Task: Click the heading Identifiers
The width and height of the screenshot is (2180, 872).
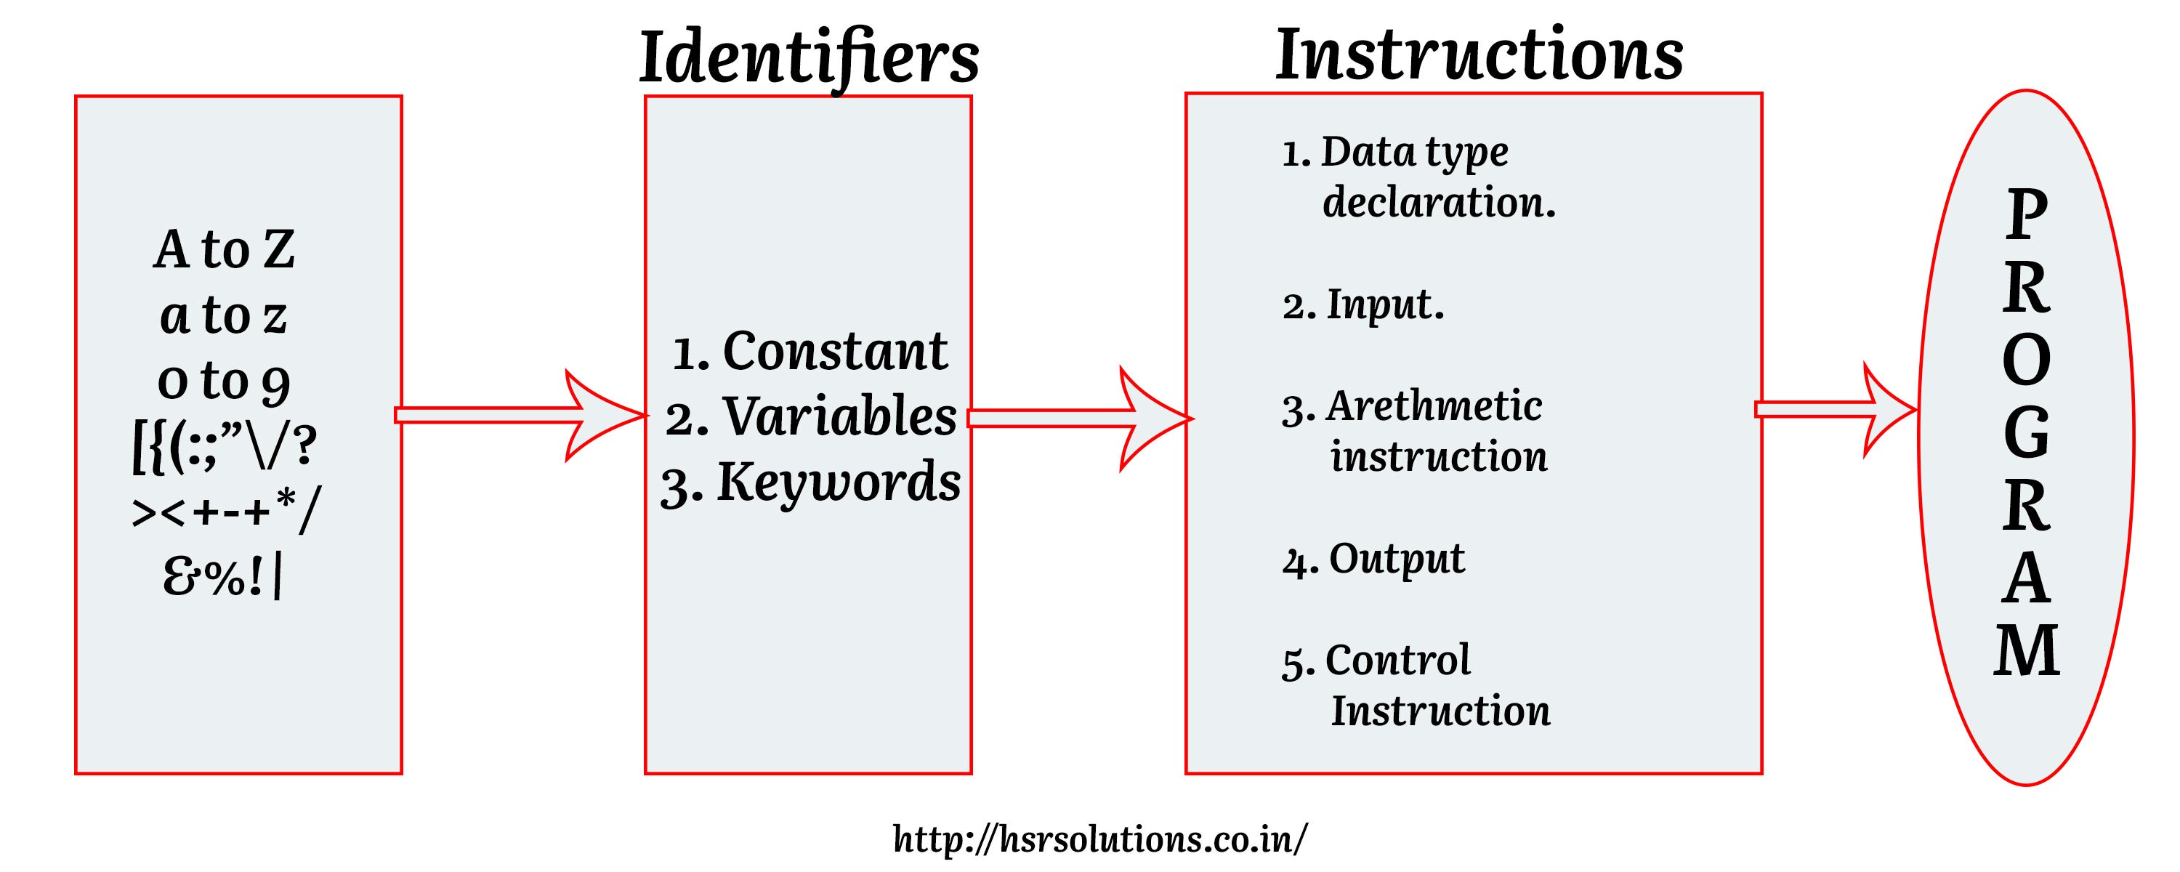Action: tap(808, 57)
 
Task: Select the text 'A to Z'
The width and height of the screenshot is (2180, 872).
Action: tap(225, 250)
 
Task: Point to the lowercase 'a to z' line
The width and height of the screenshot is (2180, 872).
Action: tap(225, 316)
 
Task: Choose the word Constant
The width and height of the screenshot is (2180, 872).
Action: tap(834, 350)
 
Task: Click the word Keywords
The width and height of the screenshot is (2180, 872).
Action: tap(839, 482)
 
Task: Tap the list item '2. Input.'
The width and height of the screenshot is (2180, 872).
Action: tap(1362, 304)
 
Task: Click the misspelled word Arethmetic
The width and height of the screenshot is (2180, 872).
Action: tap(1434, 405)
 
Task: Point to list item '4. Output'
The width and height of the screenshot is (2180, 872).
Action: tap(1373, 559)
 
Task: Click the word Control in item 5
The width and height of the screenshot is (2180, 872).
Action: tap(1397, 660)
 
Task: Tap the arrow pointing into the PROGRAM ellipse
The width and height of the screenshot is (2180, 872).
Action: tap(1832, 410)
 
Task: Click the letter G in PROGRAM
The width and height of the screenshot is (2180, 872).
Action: tap(2026, 434)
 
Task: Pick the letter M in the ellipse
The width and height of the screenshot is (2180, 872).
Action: tap(2026, 651)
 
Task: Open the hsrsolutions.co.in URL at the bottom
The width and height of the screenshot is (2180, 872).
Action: tap(1099, 839)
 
